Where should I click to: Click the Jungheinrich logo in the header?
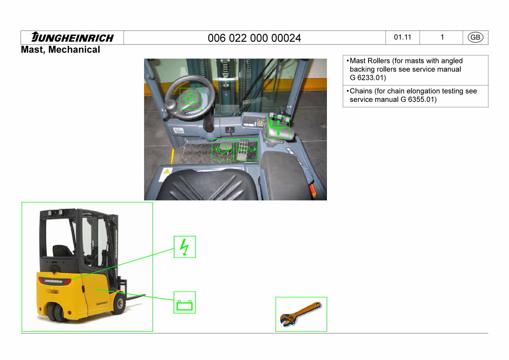(x=72, y=38)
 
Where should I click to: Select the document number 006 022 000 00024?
(x=254, y=38)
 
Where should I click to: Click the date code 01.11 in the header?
(x=403, y=38)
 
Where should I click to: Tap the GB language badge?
(x=475, y=38)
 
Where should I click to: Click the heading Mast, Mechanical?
(x=61, y=50)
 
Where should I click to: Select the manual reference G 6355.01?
(x=418, y=99)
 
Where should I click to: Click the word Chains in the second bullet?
(x=361, y=91)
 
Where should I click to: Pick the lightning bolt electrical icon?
(x=184, y=247)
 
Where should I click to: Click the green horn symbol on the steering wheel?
(x=190, y=98)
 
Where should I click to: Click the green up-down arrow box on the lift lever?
(x=278, y=128)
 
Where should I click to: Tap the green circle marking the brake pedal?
(x=222, y=149)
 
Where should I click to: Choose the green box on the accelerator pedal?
(x=247, y=149)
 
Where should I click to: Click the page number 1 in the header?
(x=442, y=38)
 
